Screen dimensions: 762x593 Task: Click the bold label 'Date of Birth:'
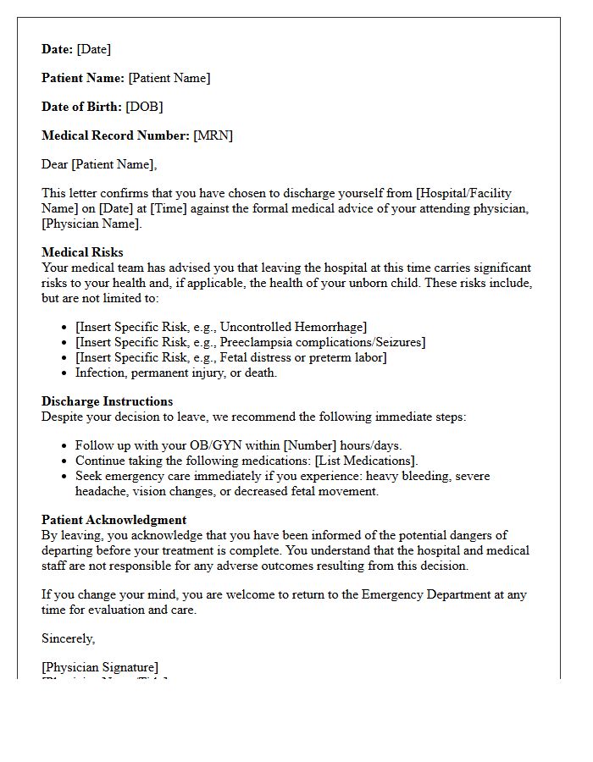click(x=81, y=107)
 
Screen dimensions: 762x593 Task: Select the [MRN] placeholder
click(x=213, y=135)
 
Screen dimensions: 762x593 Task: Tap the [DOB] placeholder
click(x=144, y=107)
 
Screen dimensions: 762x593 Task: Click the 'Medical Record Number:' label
click(x=115, y=135)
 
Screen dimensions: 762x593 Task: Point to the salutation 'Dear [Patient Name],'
click(x=99, y=164)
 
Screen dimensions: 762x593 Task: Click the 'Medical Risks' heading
click(x=82, y=252)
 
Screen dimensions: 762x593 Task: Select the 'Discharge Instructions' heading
click(x=107, y=401)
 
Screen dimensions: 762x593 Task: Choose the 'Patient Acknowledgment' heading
click(x=114, y=520)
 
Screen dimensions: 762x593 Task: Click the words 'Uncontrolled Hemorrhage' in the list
click(x=292, y=327)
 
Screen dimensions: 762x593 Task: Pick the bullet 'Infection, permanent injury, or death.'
click(x=176, y=373)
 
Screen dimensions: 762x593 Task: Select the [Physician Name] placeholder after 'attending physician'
click(x=91, y=224)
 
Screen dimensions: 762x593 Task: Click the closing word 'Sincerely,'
click(x=69, y=638)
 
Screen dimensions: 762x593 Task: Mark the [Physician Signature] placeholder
click(x=100, y=667)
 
